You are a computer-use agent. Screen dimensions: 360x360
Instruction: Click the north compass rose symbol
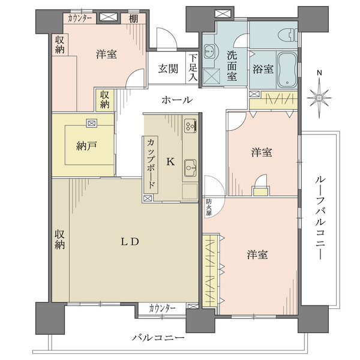(x=319, y=97)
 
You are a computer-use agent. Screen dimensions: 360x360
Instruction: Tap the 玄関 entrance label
(x=169, y=68)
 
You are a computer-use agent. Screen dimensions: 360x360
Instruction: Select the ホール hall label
(x=176, y=100)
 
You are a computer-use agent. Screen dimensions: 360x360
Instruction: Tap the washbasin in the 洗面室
(x=211, y=52)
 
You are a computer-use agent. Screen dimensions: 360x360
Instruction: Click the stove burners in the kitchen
(x=190, y=126)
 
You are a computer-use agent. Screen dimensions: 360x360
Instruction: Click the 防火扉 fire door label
(x=208, y=206)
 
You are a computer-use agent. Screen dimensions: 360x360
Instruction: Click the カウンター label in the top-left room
(x=80, y=17)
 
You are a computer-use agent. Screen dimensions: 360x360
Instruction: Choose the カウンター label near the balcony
(x=162, y=308)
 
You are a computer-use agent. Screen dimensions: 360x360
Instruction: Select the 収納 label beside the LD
(x=60, y=239)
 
